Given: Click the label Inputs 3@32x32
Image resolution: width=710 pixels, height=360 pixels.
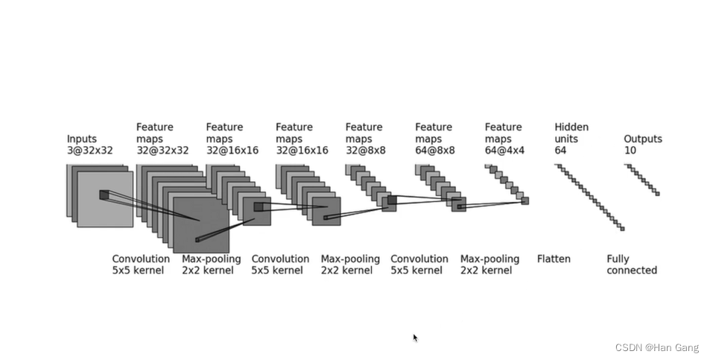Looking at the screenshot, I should point(89,145).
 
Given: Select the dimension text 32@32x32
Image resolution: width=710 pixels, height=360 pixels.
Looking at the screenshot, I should point(162,151).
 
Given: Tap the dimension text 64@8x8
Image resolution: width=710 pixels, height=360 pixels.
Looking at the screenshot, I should point(434,151).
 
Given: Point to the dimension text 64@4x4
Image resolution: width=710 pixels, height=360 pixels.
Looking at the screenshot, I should point(504,151).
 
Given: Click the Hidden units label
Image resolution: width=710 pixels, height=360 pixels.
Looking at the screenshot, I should point(571,133).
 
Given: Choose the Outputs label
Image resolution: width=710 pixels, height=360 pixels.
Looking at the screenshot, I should point(642,139).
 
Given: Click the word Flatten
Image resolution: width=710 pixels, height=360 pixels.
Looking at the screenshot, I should point(554,259).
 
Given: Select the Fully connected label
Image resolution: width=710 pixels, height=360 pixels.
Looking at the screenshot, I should point(631,265).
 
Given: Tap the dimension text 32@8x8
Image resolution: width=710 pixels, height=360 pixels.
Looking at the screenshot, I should point(364,151).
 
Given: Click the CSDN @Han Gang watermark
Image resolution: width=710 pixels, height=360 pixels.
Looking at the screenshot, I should point(656,347).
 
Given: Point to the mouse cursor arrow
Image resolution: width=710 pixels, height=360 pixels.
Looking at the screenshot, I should point(415,338).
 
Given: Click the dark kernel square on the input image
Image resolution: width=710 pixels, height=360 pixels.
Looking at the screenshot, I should point(104,195).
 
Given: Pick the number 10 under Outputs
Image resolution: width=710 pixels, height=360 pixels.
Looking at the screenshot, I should point(630,151).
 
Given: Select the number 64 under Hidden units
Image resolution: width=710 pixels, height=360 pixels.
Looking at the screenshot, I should point(561,151).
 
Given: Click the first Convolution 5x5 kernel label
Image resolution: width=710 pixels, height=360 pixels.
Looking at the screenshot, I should point(140,265).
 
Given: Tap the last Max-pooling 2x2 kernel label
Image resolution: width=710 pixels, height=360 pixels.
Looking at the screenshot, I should point(489,265).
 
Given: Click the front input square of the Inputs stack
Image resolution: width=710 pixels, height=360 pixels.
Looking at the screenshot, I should point(105,199).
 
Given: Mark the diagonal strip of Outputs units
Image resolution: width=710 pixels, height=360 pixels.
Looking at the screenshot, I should point(642,180).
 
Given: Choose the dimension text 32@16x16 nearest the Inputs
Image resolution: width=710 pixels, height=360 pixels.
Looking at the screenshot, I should point(232,151).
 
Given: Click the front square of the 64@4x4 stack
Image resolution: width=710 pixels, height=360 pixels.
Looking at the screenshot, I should point(524,200).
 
